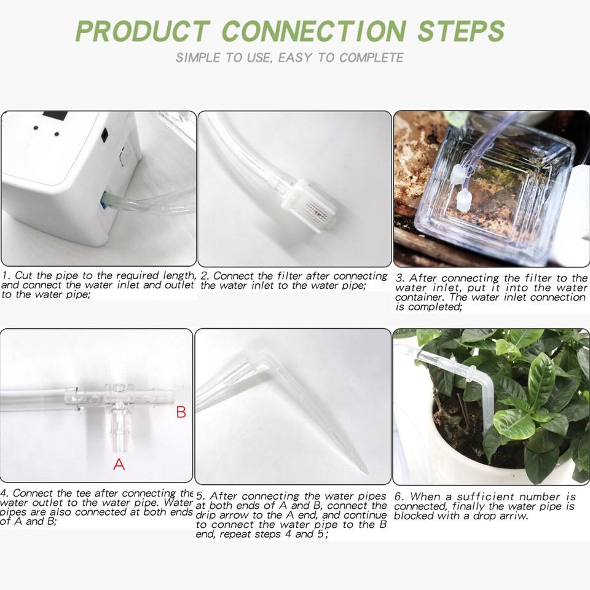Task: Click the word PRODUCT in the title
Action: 143,31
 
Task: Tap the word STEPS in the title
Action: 461,31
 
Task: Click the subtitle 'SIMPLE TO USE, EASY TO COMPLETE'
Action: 289,58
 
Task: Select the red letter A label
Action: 119,465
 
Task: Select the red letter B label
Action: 181,412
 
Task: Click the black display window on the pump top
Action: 55,116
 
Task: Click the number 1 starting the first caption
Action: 5,276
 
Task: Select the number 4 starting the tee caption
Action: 4,494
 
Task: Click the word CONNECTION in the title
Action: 314,31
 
